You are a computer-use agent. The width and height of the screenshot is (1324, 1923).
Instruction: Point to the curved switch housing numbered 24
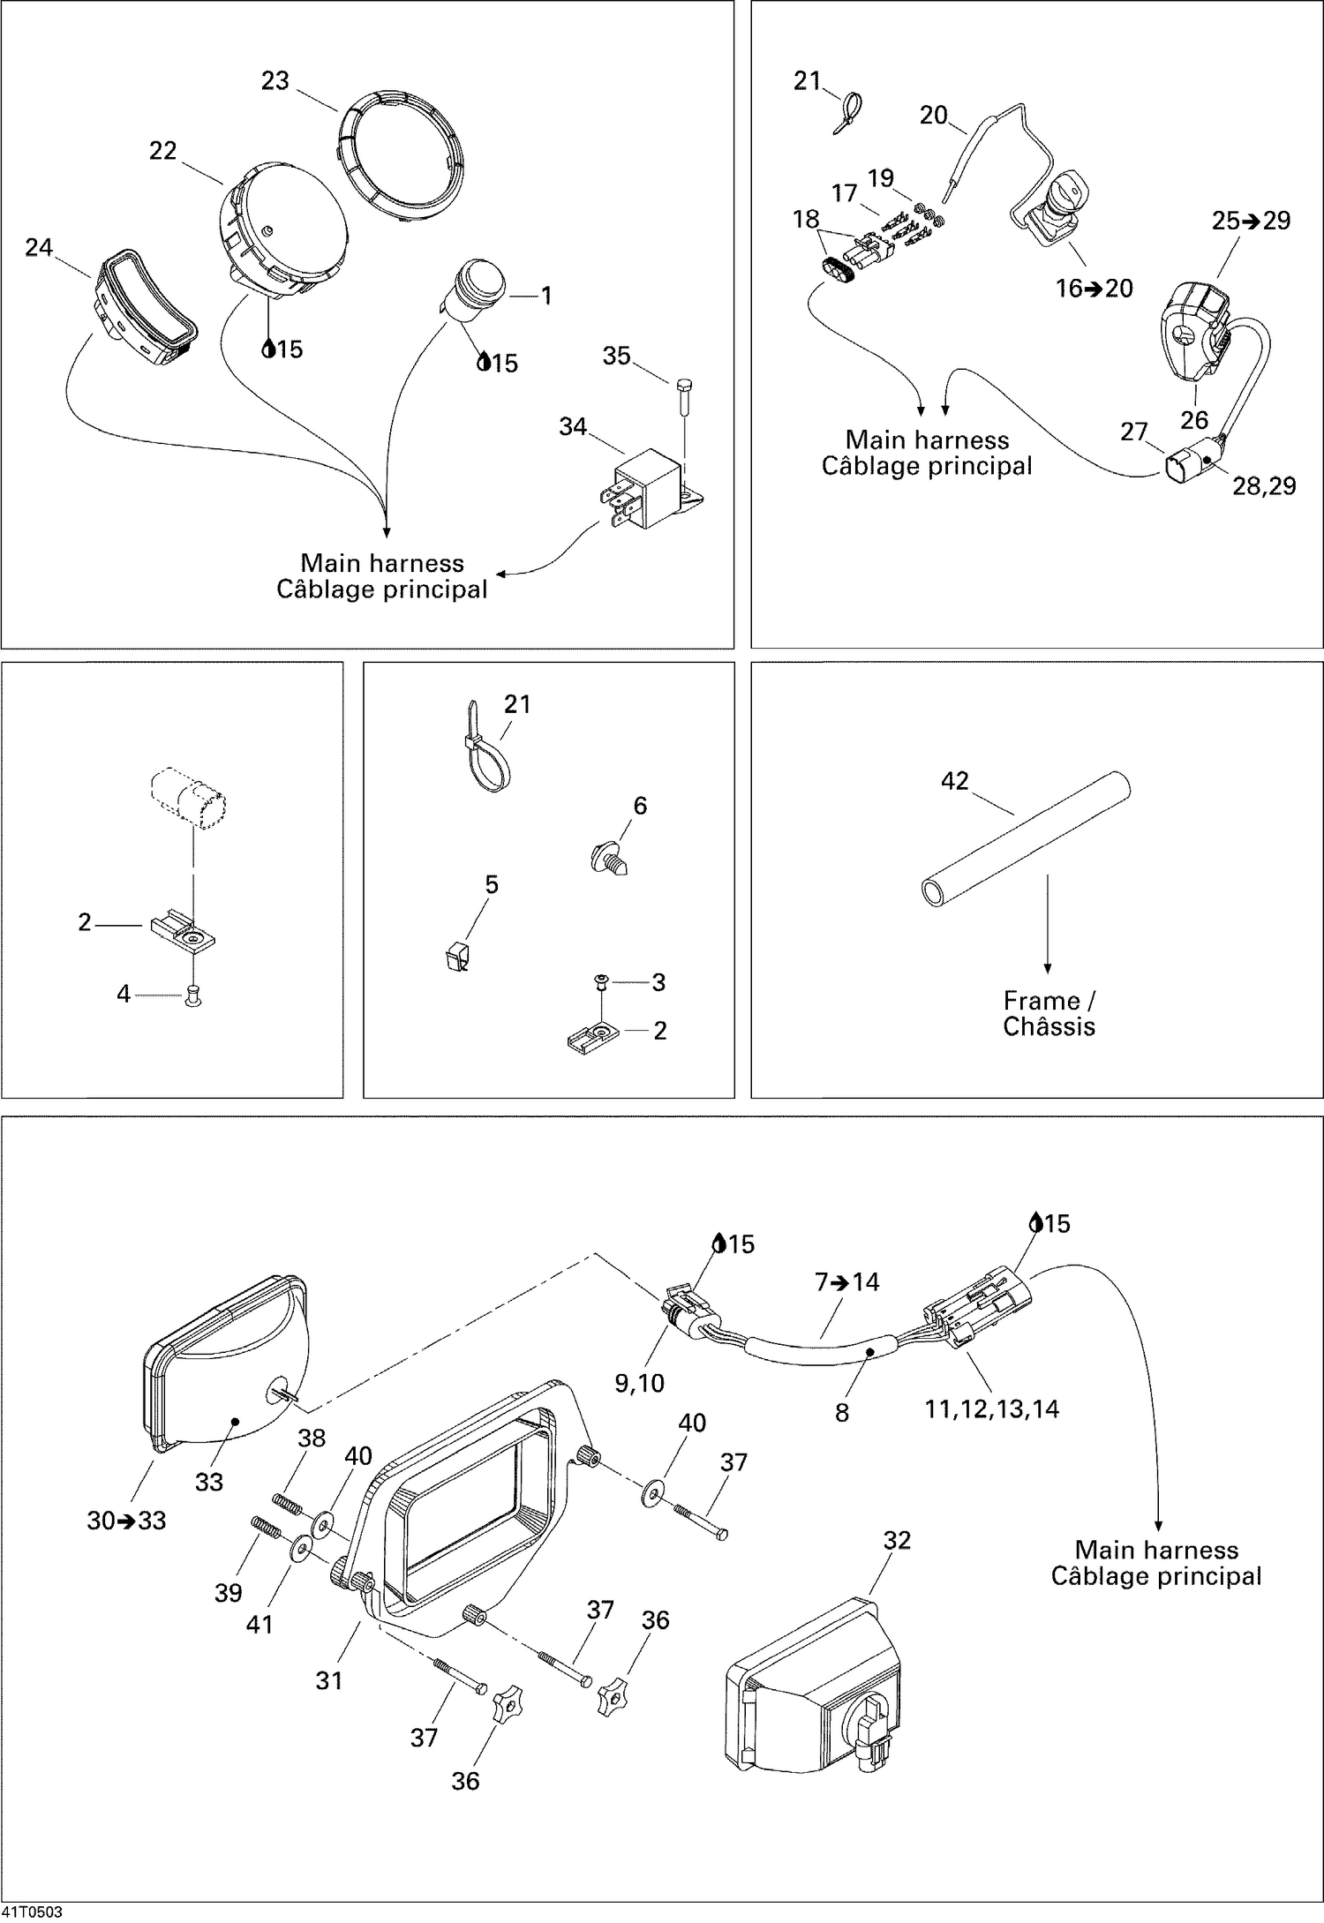pyautogui.click(x=146, y=304)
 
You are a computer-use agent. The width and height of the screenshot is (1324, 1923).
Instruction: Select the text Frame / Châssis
pyautogui.click(x=1049, y=1013)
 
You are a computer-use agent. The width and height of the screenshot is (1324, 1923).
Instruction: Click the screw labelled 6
pyautogui.click(x=609, y=857)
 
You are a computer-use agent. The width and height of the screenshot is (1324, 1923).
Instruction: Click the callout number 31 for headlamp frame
pyautogui.click(x=328, y=1680)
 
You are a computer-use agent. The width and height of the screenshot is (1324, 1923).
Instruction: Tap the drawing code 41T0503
pyautogui.click(x=31, y=1912)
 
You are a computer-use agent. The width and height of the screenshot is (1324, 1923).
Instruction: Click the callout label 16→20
pyautogui.click(x=1094, y=289)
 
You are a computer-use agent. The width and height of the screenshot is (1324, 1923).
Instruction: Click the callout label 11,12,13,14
pyautogui.click(x=991, y=1408)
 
